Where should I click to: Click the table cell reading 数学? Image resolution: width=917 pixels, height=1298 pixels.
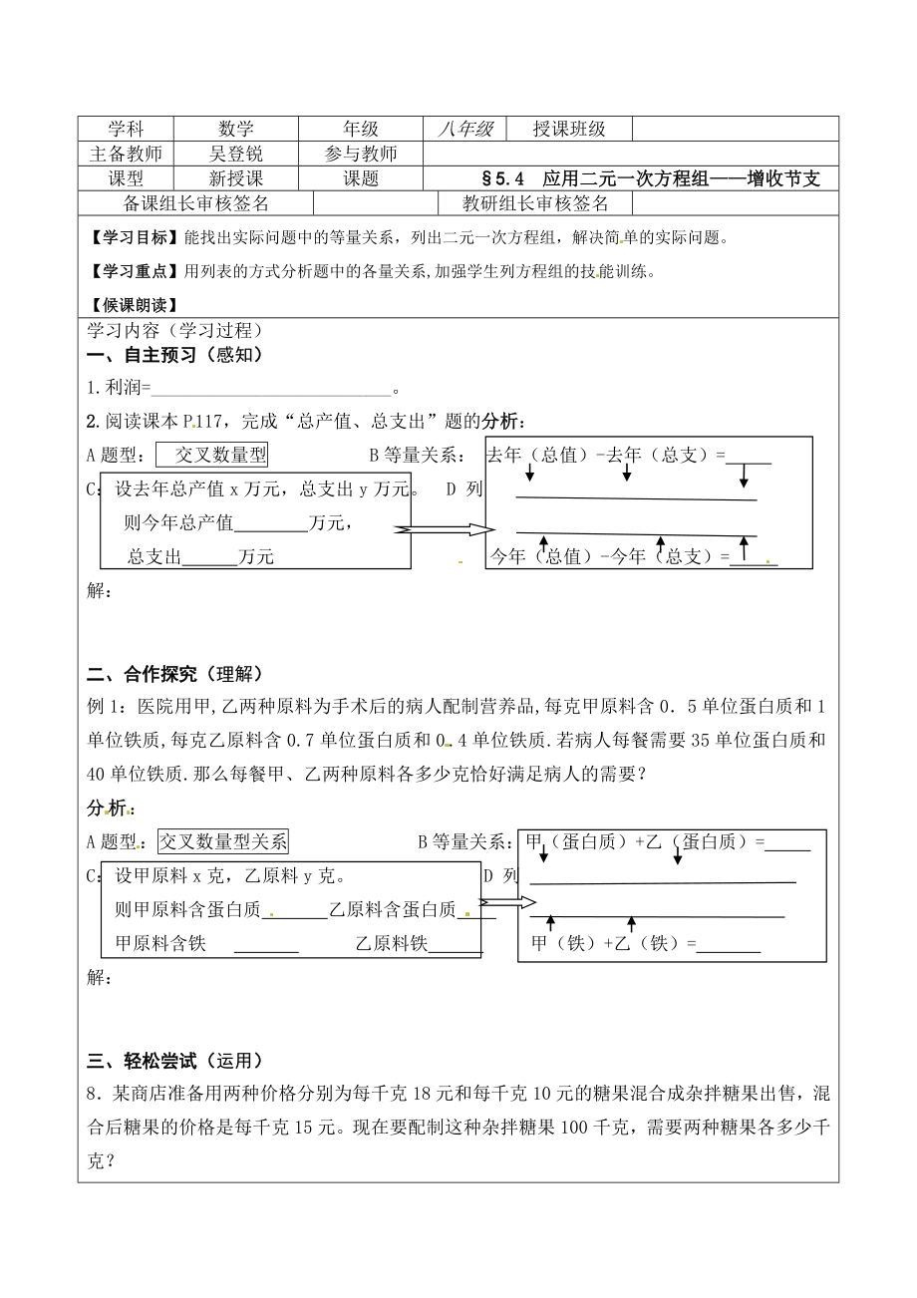pos(236,129)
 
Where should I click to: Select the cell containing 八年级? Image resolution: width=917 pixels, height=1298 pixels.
pos(465,129)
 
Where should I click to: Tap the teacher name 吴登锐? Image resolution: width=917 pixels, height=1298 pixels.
pos(236,154)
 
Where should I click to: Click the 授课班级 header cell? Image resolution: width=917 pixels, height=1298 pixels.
pos(569,129)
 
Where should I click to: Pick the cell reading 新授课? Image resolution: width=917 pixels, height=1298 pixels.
pos(236,178)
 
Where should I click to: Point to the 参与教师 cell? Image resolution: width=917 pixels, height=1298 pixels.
pos(361,154)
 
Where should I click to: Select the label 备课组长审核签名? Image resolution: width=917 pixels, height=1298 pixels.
pos(196,203)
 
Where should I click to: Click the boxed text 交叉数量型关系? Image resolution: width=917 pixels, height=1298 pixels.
pos(223,841)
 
